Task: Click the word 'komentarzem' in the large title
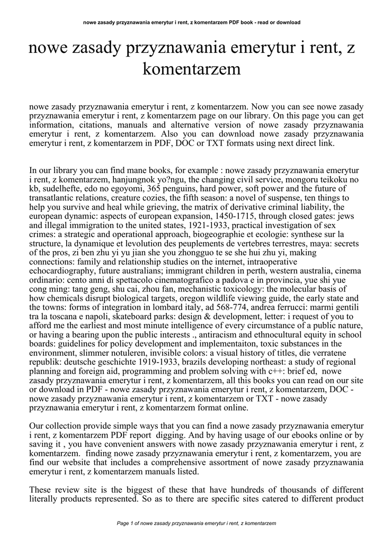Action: pos(192,69)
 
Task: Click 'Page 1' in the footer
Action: pos(127,523)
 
